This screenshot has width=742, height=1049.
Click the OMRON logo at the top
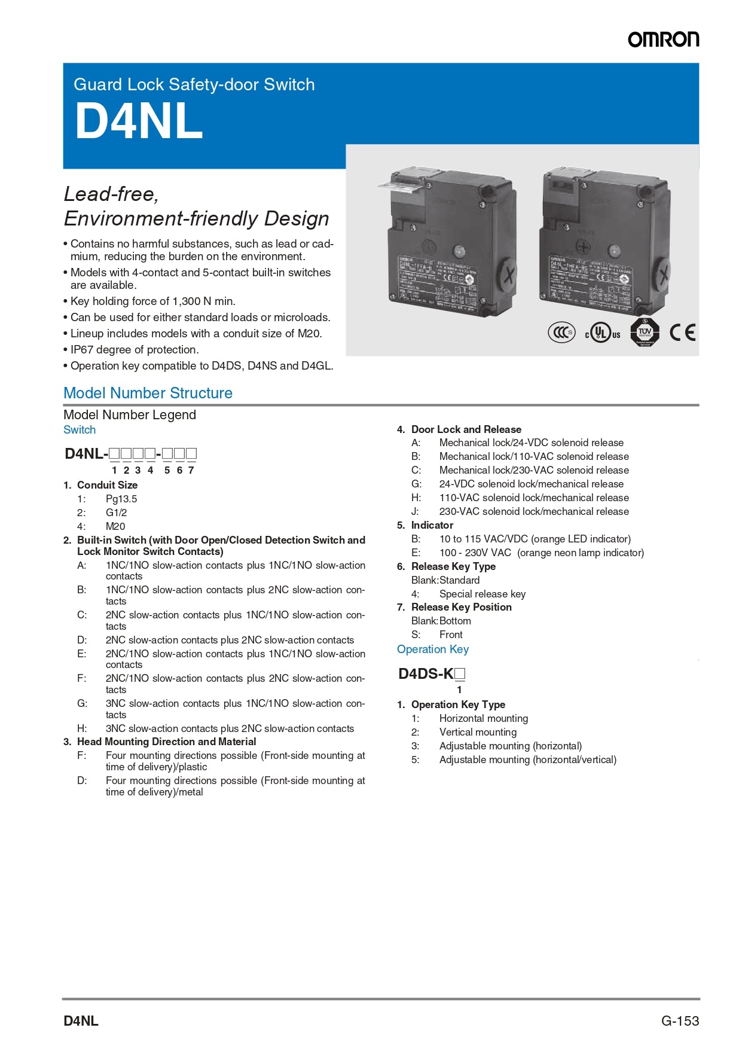tap(663, 39)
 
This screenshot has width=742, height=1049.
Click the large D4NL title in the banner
tap(139, 121)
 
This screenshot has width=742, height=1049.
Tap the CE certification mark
tap(682, 333)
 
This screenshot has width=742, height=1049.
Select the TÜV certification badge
tap(645, 332)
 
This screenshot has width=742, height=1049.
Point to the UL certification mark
tap(602, 333)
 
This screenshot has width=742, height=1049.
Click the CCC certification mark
tap(561, 333)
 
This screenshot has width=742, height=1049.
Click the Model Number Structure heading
tap(148, 393)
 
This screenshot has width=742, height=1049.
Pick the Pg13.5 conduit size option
tap(121, 499)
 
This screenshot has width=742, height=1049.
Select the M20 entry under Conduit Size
tap(115, 526)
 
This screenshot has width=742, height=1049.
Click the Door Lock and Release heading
tap(466, 429)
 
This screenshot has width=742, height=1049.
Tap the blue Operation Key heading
tap(433, 649)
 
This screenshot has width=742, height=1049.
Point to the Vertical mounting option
tap(478, 732)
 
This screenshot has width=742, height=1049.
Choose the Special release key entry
tap(482, 594)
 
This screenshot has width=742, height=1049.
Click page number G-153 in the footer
tap(680, 1021)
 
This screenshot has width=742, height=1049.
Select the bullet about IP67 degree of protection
tap(135, 350)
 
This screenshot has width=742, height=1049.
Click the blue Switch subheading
tap(80, 430)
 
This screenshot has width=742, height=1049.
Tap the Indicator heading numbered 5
tap(432, 525)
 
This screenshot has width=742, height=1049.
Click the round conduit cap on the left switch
tap(507, 276)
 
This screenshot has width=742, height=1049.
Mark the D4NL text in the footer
tap(81, 1021)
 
